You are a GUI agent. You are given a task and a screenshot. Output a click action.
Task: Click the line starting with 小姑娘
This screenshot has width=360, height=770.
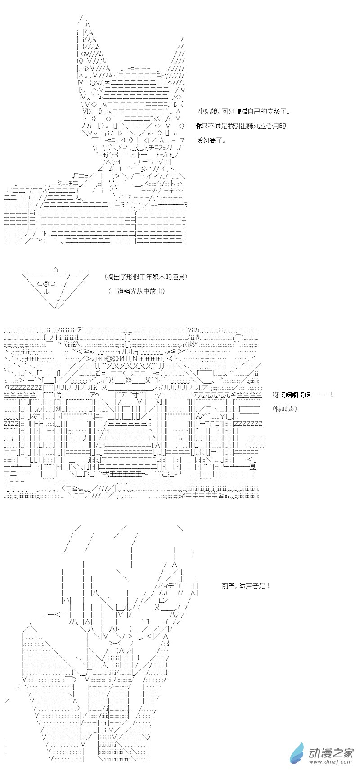tap(244, 112)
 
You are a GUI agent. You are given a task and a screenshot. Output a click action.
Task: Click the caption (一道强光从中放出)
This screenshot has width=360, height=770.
tap(136, 291)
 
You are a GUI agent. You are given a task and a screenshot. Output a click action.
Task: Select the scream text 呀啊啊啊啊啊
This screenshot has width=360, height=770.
tap(292, 394)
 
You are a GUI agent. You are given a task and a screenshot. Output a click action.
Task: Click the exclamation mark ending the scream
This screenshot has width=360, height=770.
tap(331, 394)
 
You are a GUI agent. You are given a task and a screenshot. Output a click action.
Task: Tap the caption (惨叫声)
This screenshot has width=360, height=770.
tap(285, 409)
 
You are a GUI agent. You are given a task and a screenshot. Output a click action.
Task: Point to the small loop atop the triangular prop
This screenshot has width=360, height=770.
tap(56, 269)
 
